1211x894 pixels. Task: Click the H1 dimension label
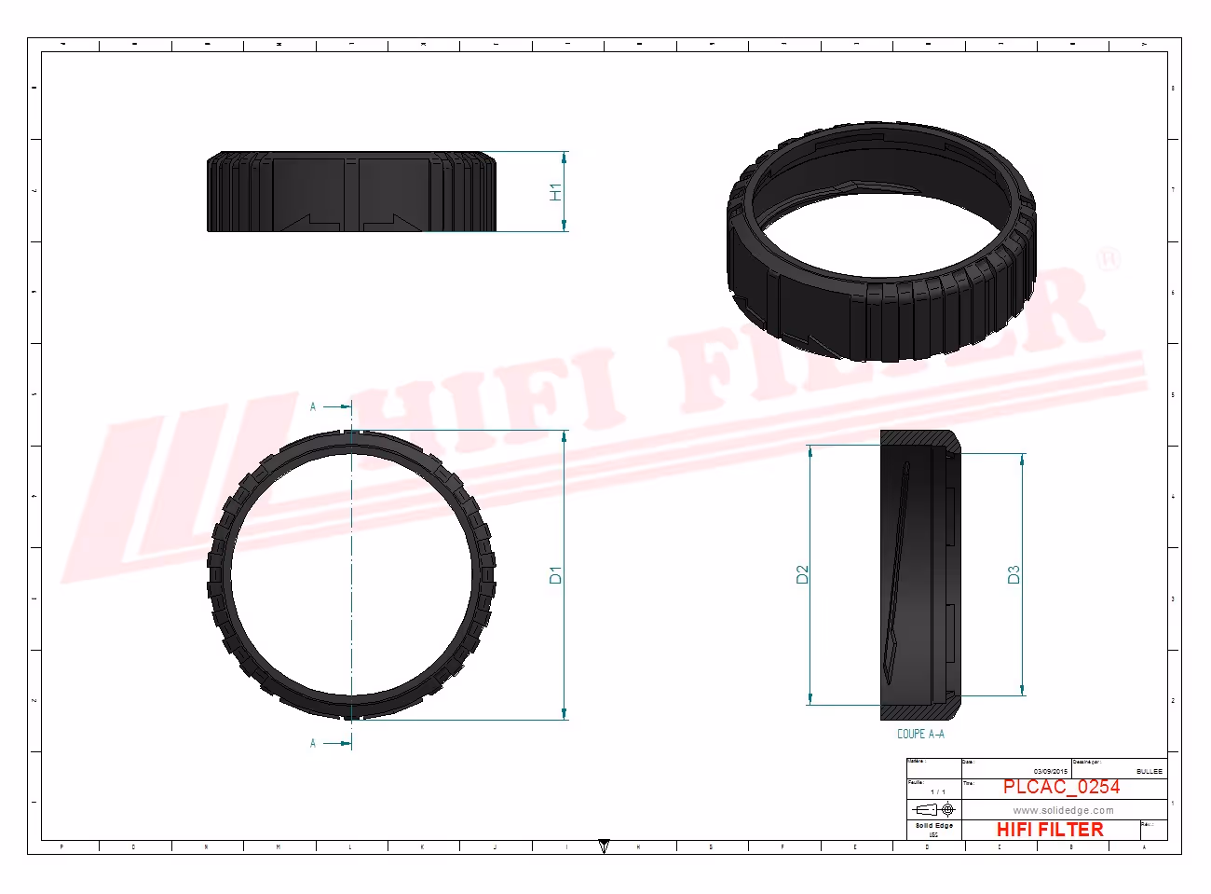click(556, 192)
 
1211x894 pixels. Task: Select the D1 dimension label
click(556, 575)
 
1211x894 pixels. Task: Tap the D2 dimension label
click(802, 574)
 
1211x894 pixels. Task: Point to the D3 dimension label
click(1014, 574)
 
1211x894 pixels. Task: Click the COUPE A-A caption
click(920, 735)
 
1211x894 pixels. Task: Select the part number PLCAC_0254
click(1061, 787)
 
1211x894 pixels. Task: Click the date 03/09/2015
click(1050, 771)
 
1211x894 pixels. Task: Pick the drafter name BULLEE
click(1149, 771)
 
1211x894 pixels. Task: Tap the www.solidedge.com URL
click(1063, 810)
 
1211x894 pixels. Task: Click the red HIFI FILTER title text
click(1050, 829)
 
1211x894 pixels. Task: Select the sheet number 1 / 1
click(937, 792)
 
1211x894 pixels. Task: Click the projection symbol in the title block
click(934, 809)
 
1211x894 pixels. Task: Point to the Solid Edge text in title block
click(933, 826)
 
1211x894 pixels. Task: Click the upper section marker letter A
click(313, 406)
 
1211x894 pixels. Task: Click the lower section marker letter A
click(313, 743)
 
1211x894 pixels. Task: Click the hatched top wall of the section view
click(918, 437)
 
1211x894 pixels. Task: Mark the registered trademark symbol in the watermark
click(1108, 258)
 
